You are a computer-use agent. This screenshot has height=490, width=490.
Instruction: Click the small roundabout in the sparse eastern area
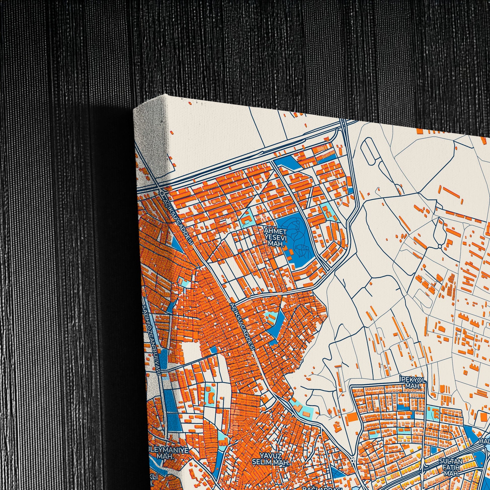pos(440,246)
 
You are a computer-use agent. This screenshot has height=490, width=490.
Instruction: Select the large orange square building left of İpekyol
pos(351,417)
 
